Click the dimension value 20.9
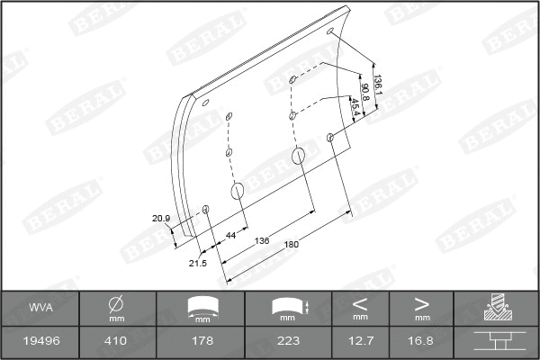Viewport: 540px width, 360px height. [x=161, y=218]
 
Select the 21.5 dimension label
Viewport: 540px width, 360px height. [x=198, y=263]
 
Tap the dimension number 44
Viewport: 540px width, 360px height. [x=230, y=235]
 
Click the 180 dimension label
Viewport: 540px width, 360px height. [x=291, y=245]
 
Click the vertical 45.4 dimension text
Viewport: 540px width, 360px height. [x=355, y=107]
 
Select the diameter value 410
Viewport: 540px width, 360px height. [x=116, y=341]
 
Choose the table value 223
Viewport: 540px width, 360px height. [x=288, y=341]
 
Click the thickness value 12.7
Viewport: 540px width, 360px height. [x=360, y=341]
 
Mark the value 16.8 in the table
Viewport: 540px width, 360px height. [x=421, y=341]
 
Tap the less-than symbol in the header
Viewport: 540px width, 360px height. [x=360, y=303]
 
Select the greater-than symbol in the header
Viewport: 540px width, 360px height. [x=421, y=303]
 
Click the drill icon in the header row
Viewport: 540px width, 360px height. [x=496, y=309]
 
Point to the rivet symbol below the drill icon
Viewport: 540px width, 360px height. [x=496, y=341]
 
